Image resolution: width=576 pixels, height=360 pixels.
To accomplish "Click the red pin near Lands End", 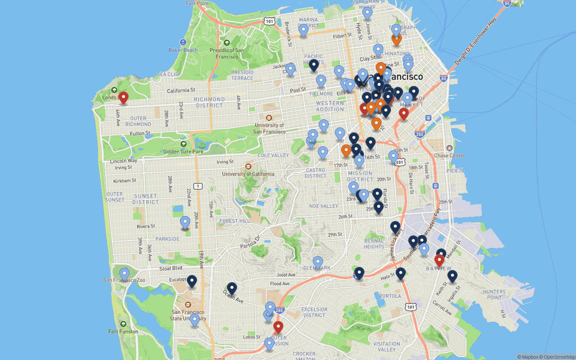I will (123, 97).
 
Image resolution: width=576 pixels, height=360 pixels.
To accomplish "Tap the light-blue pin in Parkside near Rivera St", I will (185, 222).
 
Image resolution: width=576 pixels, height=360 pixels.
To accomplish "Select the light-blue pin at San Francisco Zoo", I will (124, 274).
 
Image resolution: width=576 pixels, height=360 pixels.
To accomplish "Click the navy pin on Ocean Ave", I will (232, 288).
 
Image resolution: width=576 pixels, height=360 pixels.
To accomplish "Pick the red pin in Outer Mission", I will (278, 327).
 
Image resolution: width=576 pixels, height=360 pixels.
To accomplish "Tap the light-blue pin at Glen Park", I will (318, 262).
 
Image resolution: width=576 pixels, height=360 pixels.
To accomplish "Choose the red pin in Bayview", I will (439, 261).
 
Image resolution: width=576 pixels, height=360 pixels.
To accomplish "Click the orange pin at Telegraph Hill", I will (396, 39).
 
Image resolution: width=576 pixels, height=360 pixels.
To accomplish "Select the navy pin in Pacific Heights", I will (314, 65).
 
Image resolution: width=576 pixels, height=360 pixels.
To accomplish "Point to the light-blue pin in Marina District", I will (303, 30).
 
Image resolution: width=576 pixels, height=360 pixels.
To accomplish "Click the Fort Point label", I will (197, 4).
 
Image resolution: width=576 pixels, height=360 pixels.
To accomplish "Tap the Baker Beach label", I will (183, 50).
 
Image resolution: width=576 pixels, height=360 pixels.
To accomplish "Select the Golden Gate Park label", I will (183, 152).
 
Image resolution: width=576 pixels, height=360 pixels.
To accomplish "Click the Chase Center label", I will (450, 156).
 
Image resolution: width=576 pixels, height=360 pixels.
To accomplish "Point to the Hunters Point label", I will (494, 294).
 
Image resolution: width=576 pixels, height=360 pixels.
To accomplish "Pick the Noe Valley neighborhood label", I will (324, 206).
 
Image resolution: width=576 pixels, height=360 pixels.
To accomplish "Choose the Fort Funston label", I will (123, 332).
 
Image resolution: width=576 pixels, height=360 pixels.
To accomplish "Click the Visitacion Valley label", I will (387, 346).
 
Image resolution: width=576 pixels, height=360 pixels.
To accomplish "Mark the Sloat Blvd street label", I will (171, 268).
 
